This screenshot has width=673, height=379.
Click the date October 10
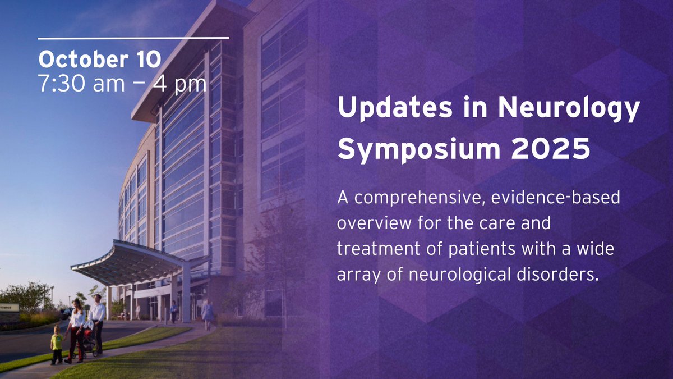(99, 59)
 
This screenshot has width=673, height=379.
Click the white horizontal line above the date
(133, 38)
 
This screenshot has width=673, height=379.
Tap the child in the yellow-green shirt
(57, 344)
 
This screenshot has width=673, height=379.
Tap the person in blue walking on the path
(207, 313)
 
